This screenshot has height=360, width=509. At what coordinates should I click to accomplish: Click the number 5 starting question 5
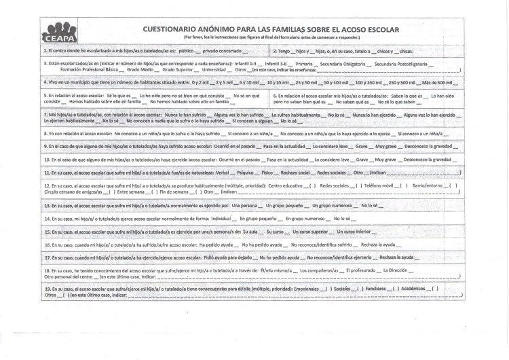coord(45,96)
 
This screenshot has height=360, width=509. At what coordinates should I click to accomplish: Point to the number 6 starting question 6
coord(274,96)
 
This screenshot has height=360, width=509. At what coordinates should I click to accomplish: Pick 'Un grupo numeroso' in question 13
coord(331,204)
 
